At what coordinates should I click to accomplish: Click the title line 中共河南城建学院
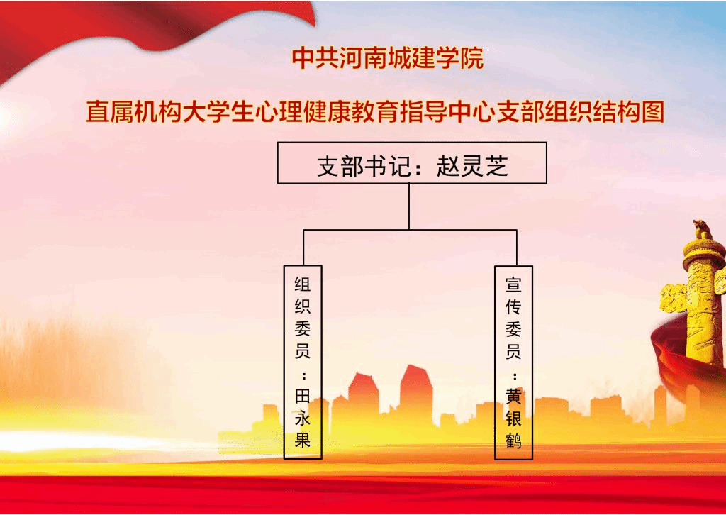point(388,58)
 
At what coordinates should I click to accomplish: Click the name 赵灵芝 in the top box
point(472,166)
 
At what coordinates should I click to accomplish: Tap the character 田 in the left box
point(302,397)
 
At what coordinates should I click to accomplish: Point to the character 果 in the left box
point(302,440)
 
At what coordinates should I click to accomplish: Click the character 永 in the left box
point(302,419)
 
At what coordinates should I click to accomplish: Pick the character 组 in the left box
point(302,284)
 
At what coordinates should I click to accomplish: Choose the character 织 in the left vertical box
point(302,306)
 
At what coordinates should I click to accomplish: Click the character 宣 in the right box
point(513,284)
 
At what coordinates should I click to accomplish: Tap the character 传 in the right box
point(513,306)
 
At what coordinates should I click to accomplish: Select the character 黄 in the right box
point(513,397)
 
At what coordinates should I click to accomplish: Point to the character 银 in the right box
point(513,419)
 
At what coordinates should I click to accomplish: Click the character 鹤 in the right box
point(513,440)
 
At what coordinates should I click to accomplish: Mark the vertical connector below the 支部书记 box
point(409,206)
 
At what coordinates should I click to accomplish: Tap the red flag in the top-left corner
point(139,28)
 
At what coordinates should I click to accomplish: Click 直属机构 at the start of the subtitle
point(134,112)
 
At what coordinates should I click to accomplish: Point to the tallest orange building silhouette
point(415,394)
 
